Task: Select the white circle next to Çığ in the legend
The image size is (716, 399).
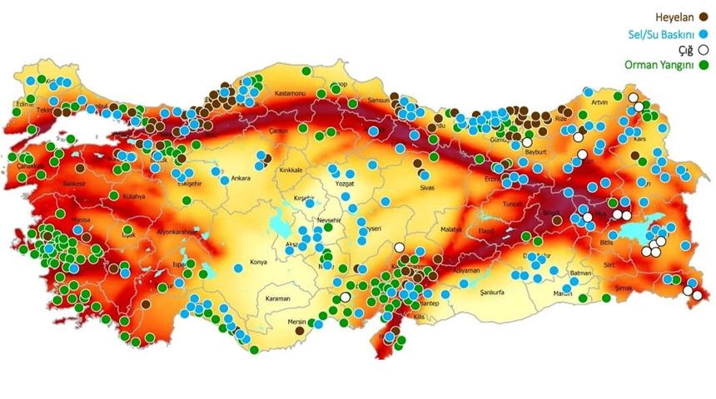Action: click(704, 50)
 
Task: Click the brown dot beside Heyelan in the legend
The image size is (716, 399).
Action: click(704, 17)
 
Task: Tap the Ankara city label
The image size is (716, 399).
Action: click(240, 178)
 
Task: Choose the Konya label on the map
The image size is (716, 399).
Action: click(258, 261)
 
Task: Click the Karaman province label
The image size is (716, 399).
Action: click(278, 298)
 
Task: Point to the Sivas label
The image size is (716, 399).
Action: click(428, 189)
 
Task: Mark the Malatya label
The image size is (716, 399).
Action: click(450, 229)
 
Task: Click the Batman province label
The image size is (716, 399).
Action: click(581, 273)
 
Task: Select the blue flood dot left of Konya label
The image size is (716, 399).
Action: click(239, 267)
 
